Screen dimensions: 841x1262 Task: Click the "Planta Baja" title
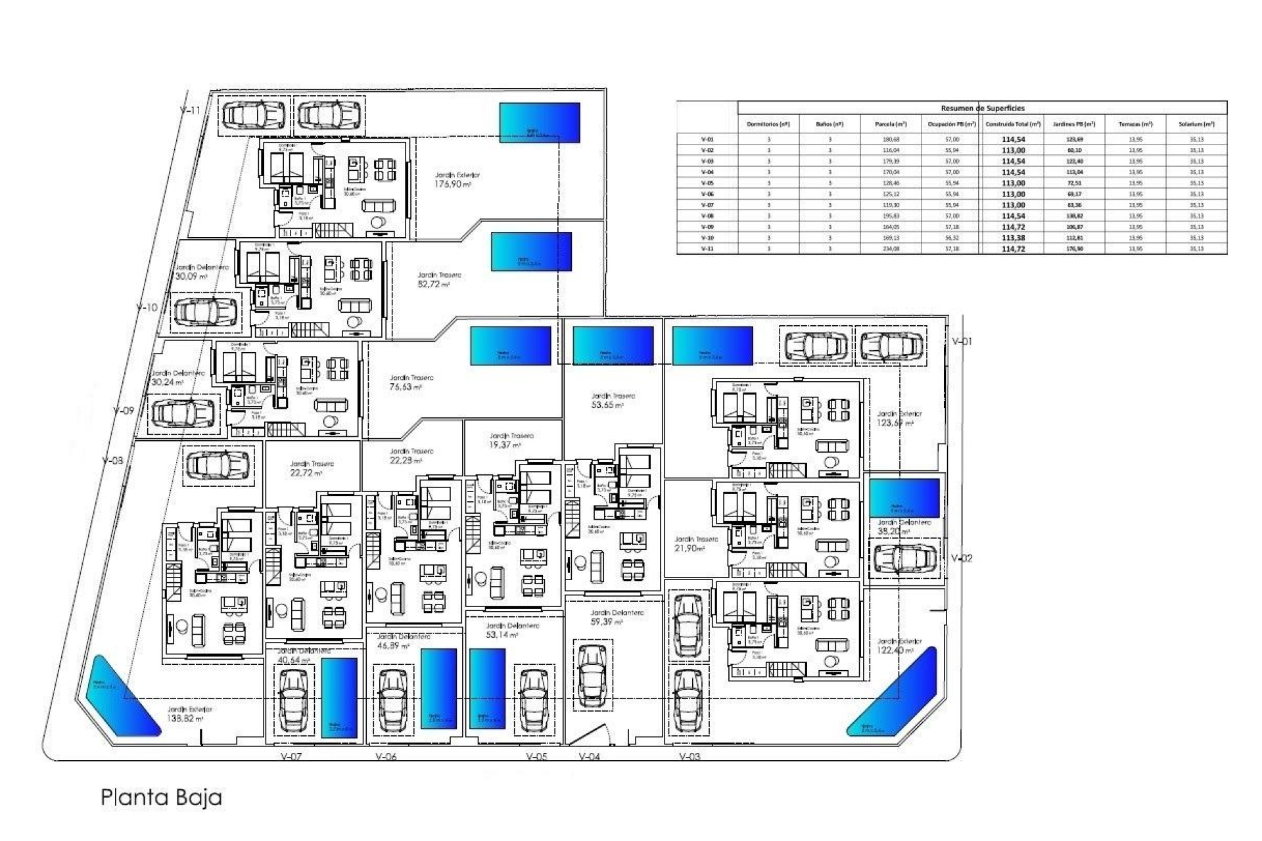pos(161,798)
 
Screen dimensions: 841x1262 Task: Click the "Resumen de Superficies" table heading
pos(982,108)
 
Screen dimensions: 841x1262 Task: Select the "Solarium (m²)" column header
pos(1196,124)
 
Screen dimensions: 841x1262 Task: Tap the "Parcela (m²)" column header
pos(891,124)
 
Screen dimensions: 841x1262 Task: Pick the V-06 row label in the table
pos(707,194)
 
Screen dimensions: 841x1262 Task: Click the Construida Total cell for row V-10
pos(1013,238)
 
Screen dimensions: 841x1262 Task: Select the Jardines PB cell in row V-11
pos(1074,249)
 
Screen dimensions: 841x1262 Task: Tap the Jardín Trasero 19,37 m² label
pos(509,440)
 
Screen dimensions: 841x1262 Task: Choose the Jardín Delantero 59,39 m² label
pos(617,617)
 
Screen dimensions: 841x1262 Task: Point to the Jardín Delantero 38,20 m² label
pos(903,527)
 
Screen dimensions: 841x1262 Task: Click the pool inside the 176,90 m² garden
pos(540,122)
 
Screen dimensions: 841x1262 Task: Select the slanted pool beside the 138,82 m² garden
pos(122,694)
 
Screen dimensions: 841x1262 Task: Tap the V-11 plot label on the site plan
pos(190,110)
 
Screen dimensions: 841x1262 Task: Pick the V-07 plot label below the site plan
pos(291,757)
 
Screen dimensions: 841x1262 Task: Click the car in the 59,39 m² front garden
pos(590,675)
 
